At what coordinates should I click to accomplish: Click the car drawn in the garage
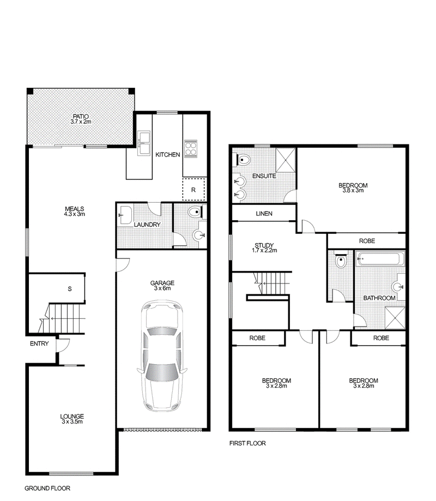click(x=162, y=355)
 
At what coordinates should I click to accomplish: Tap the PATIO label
click(x=81, y=117)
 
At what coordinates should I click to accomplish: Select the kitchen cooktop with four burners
click(x=191, y=149)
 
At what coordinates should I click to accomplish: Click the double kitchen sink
click(x=144, y=143)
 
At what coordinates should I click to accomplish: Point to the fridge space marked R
click(x=193, y=190)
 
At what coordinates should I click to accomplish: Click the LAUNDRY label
click(x=147, y=225)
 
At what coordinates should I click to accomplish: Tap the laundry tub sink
click(x=125, y=215)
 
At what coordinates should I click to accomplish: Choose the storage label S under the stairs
click(x=70, y=289)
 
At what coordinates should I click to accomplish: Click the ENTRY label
click(x=39, y=343)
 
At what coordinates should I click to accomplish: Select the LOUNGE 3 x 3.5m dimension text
click(x=72, y=421)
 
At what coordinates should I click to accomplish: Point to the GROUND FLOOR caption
click(x=47, y=488)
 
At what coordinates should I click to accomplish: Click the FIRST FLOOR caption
click(x=247, y=443)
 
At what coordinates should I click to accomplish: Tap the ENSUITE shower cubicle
click(x=285, y=160)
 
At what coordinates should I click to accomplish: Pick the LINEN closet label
click(x=264, y=214)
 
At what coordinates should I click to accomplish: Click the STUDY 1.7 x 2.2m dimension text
click(x=264, y=251)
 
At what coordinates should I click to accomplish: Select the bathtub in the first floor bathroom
click(x=380, y=259)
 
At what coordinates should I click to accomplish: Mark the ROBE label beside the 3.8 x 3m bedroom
click(x=367, y=241)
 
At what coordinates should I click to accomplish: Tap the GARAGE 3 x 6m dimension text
click(x=162, y=288)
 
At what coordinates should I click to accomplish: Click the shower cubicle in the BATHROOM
click(x=395, y=318)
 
